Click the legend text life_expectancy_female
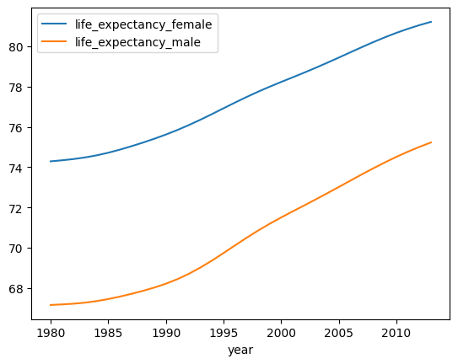143,24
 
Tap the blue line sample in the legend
54,24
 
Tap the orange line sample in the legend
54,41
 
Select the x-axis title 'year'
240,350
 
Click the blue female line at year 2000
281,81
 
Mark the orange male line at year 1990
165,283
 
